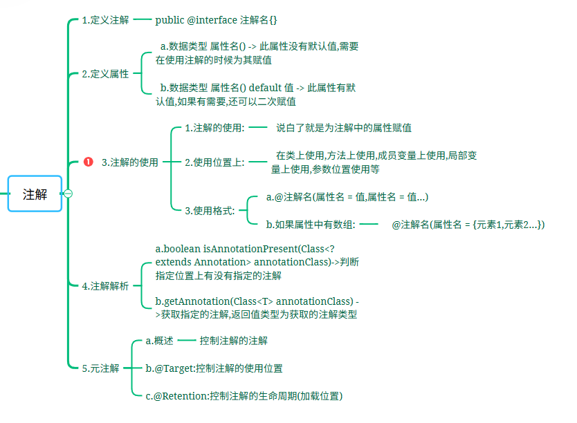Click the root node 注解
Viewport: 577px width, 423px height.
[x=35, y=194]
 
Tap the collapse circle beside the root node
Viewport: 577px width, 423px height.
[x=68, y=194]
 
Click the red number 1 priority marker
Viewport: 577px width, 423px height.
[x=88, y=162]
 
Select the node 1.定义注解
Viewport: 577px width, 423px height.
[x=105, y=20]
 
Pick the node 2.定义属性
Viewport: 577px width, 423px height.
[x=105, y=74]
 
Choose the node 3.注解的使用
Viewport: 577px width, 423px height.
[x=129, y=162]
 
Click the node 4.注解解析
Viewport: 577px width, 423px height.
[x=105, y=286]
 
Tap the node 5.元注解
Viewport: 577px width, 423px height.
[x=100, y=368]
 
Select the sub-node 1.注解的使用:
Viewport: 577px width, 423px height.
[x=214, y=128]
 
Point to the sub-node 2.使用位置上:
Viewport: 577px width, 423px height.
[x=214, y=162]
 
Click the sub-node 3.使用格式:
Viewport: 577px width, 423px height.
[x=210, y=211]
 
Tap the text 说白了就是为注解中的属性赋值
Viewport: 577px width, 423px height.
[x=345, y=128]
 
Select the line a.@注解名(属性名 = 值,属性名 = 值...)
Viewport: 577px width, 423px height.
[x=347, y=197]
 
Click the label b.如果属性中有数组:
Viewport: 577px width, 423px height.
[x=311, y=224]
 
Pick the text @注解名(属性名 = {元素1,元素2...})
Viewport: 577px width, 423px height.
[x=468, y=224]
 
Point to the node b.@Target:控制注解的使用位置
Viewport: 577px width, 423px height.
[x=214, y=368]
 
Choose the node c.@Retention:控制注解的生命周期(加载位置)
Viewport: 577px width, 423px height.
[x=244, y=396]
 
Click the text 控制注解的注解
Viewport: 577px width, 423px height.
[x=233, y=341]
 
